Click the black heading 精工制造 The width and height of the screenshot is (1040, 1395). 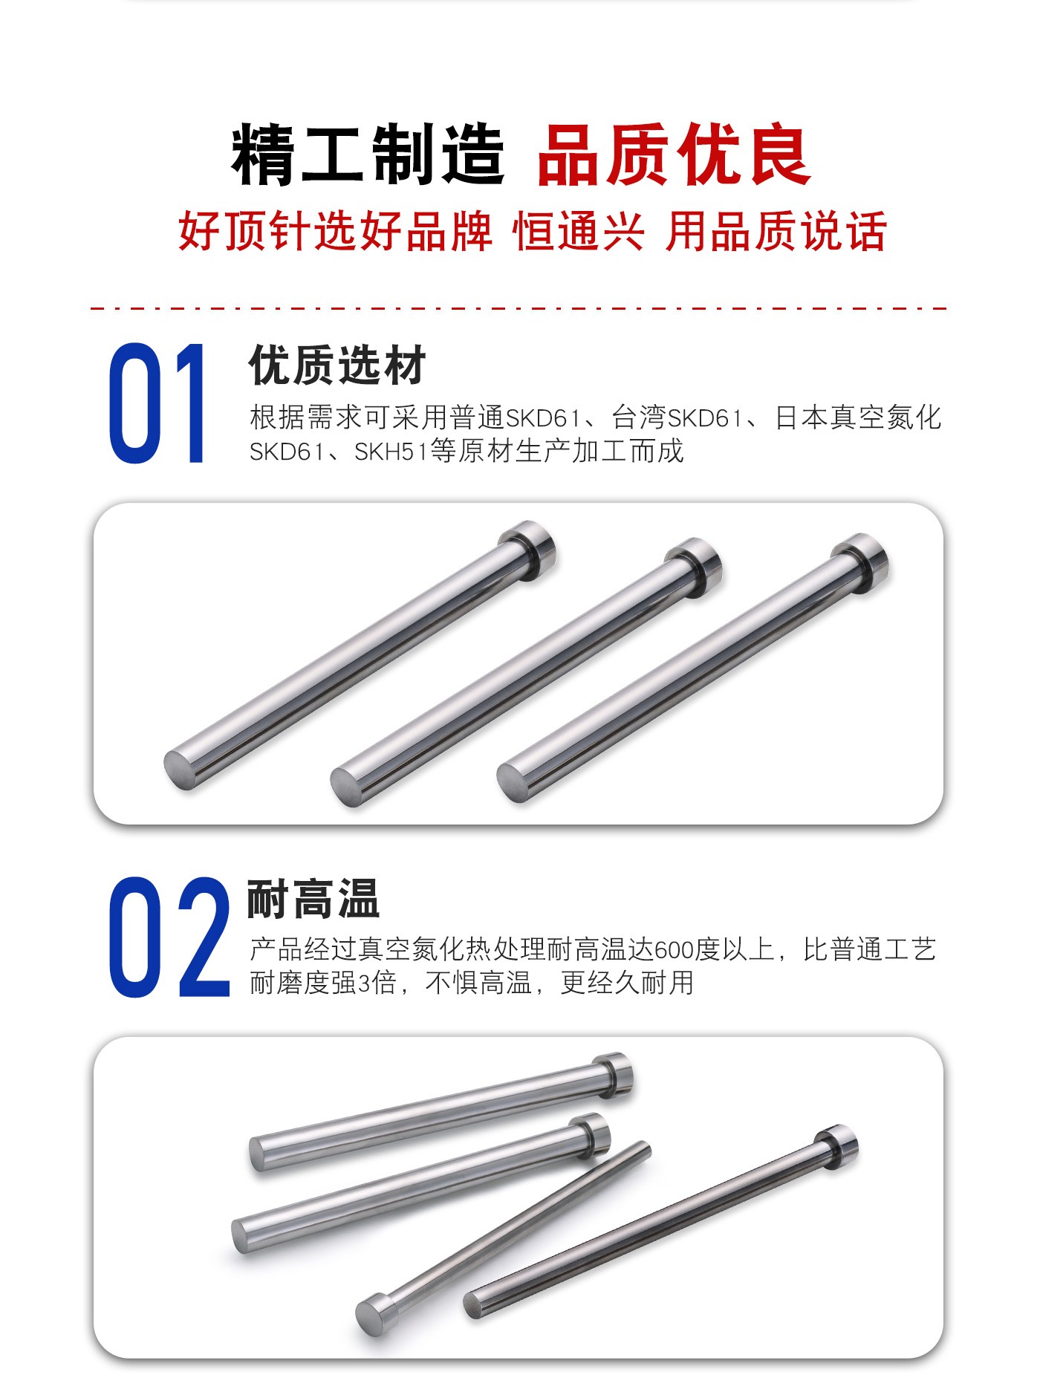(x=368, y=155)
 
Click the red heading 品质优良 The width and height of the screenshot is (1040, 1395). (x=673, y=155)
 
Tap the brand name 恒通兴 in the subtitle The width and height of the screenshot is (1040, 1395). (x=579, y=231)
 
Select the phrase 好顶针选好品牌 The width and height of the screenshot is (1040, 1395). (x=336, y=231)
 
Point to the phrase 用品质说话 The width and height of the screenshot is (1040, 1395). (x=776, y=231)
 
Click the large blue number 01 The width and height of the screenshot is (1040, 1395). (x=157, y=403)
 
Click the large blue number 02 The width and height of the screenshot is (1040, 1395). (x=169, y=937)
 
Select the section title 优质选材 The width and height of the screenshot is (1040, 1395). (x=338, y=365)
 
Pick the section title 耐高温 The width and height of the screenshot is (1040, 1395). (x=313, y=899)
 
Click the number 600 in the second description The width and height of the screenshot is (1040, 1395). (x=674, y=949)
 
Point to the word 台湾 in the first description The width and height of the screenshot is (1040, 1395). (x=639, y=417)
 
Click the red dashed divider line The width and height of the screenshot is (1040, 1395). (x=519, y=308)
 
